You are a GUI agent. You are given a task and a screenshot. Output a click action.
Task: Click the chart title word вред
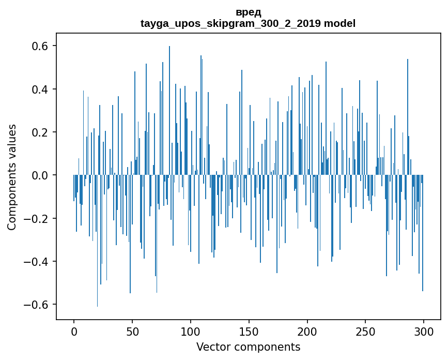click(x=248, y=12)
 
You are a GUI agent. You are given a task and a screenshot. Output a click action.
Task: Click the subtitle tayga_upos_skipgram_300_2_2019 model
click(x=248, y=23)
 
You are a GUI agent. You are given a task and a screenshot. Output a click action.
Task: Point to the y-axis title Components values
click(x=12, y=177)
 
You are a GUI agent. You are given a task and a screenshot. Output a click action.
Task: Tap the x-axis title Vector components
click(x=248, y=347)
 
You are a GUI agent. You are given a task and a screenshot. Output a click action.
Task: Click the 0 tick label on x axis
click(x=74, y=331)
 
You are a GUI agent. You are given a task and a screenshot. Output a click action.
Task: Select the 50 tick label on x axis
click(x=132, y=331)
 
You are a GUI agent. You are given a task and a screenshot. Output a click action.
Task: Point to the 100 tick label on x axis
click(x=191, y=331)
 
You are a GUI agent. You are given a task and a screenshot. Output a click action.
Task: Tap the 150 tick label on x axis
click(x=249, y=331)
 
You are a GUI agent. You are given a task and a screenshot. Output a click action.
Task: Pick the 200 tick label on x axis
click(x=307, y=331)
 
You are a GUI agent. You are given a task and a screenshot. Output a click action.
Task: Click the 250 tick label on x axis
click(x=366, y=331)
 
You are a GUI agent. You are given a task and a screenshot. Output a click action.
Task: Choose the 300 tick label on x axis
click(x=424, y=331)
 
